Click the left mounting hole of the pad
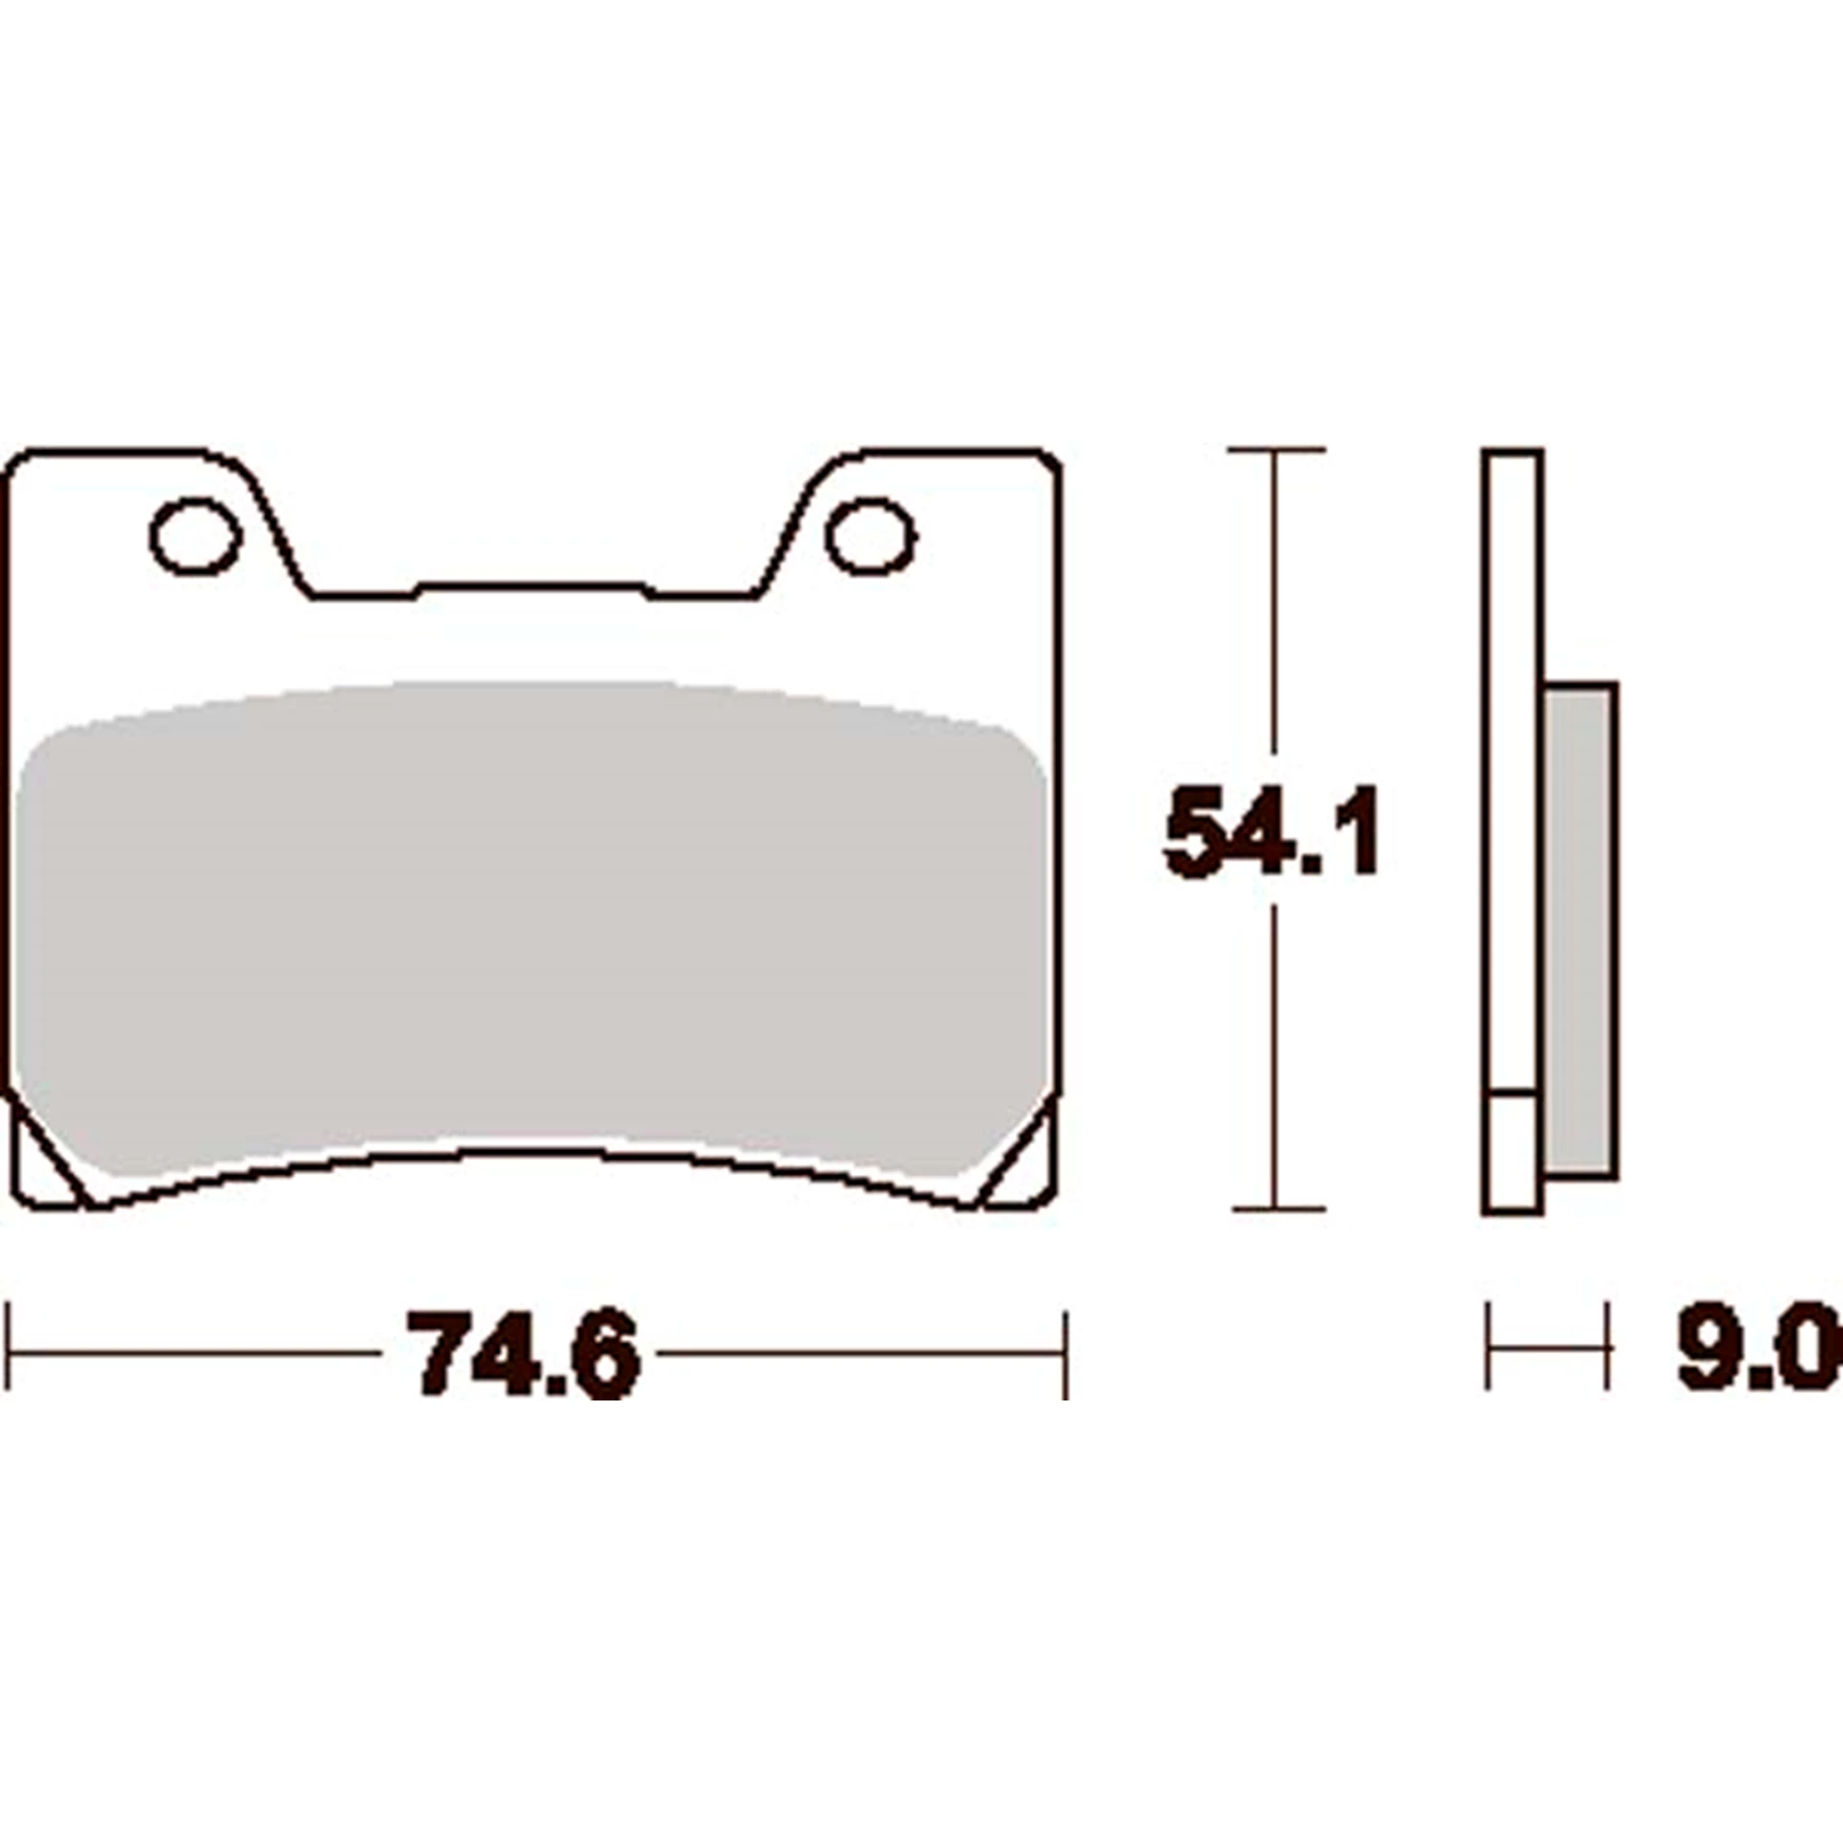194,537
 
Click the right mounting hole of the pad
871,537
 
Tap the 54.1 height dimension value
1272,830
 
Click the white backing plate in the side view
1512,768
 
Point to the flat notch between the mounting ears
533,587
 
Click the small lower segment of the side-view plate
1512,1152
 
